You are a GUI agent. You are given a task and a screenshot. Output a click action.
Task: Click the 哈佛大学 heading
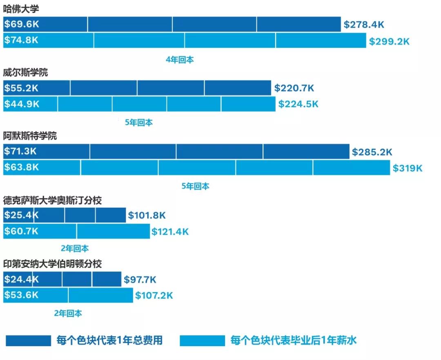tap(21, 9)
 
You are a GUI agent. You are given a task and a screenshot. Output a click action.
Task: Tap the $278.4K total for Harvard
tap(364, 24)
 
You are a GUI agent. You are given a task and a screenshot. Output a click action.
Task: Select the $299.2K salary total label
tap(389, 41)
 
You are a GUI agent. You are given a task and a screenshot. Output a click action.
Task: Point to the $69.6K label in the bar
tap(21, 24)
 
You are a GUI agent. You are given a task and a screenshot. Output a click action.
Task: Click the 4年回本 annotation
tap(180, 60)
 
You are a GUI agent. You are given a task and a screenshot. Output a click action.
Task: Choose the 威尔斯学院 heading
tap(25, 73)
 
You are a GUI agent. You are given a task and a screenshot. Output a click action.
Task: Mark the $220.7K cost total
tap(294, 88)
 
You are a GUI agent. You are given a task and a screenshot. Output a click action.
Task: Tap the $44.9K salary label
tap(22, 104)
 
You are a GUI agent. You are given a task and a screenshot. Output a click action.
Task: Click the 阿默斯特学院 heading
tap(30, 136)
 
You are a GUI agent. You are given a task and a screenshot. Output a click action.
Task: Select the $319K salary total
tap(408, 168)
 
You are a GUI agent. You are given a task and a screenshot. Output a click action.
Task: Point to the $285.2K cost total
tap(372, 152)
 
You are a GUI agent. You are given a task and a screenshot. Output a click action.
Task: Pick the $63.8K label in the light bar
tap(21, 167)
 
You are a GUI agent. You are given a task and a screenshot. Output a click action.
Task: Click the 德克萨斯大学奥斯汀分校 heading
tap(52, 200)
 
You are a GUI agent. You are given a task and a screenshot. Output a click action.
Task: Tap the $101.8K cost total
tap(147, 216)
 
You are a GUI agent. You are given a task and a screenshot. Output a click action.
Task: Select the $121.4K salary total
tap(170, 232)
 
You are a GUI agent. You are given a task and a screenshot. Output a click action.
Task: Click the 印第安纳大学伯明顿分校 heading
tap(52, 264)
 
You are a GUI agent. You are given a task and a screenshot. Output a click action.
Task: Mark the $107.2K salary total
tap(154, 295)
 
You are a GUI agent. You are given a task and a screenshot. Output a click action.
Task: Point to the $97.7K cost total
tap(140, 280)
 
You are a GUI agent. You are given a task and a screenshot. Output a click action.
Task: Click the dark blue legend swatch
tap(28, 340)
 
